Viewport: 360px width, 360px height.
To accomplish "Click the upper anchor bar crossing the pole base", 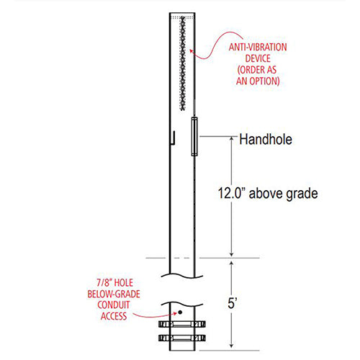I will point(184,324).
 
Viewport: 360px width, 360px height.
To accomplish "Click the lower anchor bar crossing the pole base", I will point(184,338).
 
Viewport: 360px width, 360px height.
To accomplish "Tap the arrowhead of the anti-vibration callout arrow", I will point(189,50).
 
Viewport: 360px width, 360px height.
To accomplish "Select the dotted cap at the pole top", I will point(183,14).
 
